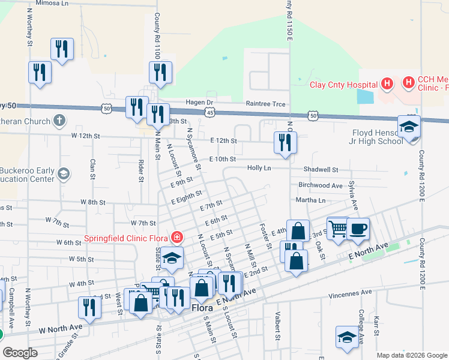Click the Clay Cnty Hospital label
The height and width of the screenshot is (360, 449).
coord(342,84)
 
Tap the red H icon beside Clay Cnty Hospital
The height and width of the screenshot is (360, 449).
coord(387,83)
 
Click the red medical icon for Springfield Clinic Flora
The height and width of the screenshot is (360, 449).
coord(176,238)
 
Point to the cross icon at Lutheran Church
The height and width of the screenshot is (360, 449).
coord(59,121)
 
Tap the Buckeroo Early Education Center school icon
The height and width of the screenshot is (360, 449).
coord(62,174)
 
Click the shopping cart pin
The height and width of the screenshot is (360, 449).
coord(338,227)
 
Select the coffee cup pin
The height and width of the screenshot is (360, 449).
coord(358,229)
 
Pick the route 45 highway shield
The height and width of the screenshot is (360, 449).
coord(209,112)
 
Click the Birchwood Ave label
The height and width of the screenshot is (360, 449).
coord(320,185)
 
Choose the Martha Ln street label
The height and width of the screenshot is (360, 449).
coord(310,200)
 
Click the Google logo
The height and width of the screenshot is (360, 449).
coord(20,352)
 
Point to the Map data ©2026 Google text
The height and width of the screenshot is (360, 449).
coord(411,355)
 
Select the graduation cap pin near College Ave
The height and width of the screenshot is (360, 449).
coord(347,337)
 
